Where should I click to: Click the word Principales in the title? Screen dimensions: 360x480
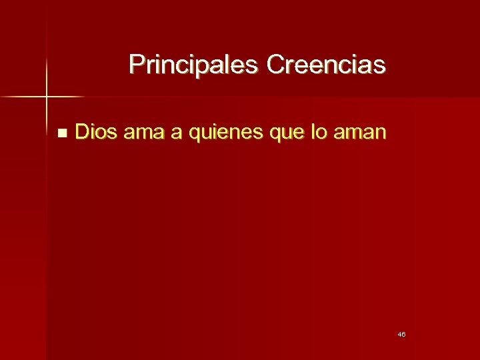pyautogui.click(x=194, y=65)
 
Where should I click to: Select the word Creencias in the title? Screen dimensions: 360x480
pyautogui.click(x=326, y=65)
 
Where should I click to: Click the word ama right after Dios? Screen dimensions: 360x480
pyautogui.click(x=142, y=132)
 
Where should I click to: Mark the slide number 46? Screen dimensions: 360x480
pyautogui.click(x=401, y=334)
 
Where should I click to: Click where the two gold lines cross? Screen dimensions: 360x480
pyautogui.click(x=46, y=97)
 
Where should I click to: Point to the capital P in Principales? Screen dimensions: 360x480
pyautogui.click(x=137, y=65)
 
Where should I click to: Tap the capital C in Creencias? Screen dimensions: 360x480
pyautogui.click(x=276, y=65)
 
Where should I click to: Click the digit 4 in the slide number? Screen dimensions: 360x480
pyautogui.click(x=399, y=334)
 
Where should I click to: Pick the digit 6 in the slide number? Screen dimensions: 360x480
pyautogui.click(x=403, y=334)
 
